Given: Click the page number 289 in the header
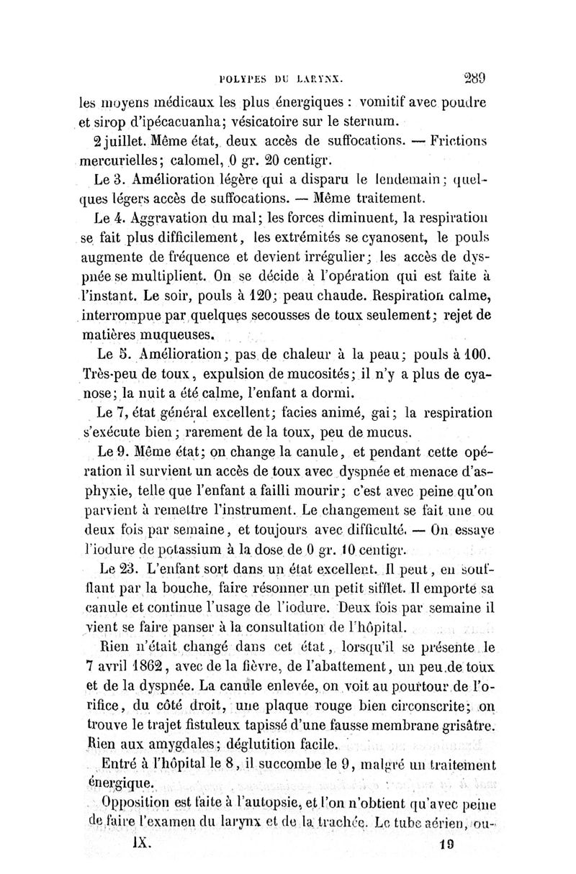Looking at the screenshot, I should (x=472, y=80).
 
